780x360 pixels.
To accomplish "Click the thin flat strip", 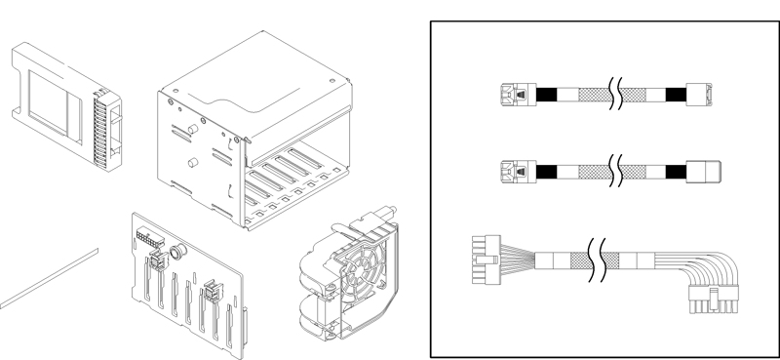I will click(x=49, y=277).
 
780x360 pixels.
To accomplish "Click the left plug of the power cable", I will click(x=485, y=261).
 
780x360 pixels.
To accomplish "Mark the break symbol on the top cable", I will click(x=613, y=95).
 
